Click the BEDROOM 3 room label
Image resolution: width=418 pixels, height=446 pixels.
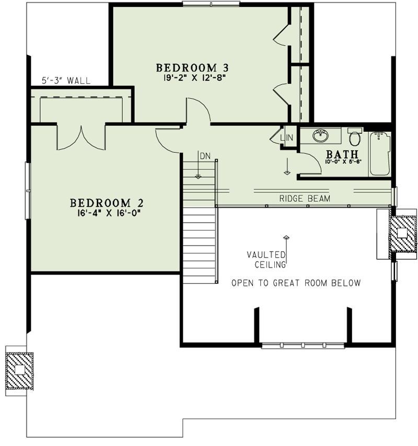193,67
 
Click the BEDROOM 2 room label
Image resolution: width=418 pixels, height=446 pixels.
107,202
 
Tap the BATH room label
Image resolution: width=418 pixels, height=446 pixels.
342,154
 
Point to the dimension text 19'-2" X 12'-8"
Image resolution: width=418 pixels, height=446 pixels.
193,78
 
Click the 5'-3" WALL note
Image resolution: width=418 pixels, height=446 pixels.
66,81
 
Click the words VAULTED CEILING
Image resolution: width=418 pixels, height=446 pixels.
266,260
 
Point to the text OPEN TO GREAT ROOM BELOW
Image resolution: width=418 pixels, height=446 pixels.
296,283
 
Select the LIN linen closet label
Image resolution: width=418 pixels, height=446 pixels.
287,138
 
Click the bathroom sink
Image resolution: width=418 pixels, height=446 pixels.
320,136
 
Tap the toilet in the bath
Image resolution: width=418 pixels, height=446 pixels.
355,138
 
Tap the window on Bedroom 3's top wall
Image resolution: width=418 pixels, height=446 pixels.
211,4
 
